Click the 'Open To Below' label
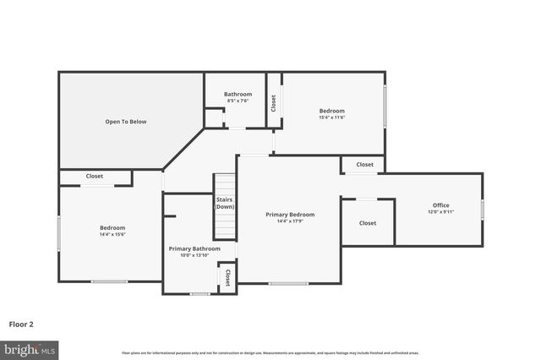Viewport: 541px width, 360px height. [x=126, y=122]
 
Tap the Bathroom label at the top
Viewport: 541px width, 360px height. [x=238, y=94]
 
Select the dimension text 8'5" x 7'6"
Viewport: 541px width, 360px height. [x=238, y=101]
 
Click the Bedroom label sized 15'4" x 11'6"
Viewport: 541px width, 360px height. [x=331, y=111]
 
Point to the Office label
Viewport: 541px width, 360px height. [x=440, y=205]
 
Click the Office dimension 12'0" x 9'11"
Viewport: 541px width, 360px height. [x=440, y=212]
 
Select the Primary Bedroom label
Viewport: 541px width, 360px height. [x=290, y=215]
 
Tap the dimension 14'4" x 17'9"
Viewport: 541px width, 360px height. [x=290, y=221]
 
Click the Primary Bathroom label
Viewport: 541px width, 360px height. [x=194, y=248]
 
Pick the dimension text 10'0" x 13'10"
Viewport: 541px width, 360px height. [x=194, y=255]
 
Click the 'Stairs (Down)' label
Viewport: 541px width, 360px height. [x=224, y=203]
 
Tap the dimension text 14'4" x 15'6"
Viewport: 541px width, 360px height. [x=112, y=235]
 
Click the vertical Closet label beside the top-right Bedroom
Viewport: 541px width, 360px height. [x=273, y=103]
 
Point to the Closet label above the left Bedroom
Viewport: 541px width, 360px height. [x=95, y=177]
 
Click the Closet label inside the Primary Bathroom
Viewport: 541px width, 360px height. [x=227, y=279]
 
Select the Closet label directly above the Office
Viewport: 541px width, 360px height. [x=364, y=165]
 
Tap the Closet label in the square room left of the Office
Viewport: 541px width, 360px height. [x=368, y=223]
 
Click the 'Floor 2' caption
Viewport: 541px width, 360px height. [x=21, y=324]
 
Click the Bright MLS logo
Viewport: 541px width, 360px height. [x=30, y=348]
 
